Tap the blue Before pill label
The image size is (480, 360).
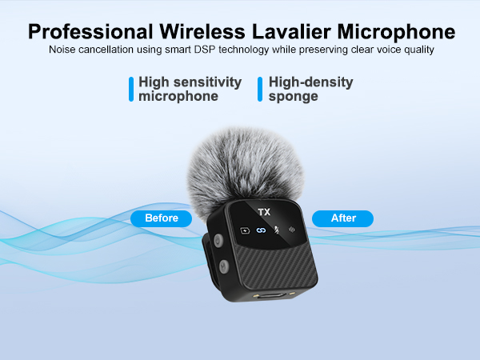click(x=161, y=218)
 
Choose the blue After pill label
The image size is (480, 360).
click(x=342, y=218)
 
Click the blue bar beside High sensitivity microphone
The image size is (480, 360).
click(x=131, y=89)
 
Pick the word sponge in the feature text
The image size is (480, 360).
click(x=294, y=97)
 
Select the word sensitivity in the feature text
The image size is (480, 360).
click(x=207, y=82)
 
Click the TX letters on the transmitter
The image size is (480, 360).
click(x=264, y=212)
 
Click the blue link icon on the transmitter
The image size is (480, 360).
click(x=260, y=231)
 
